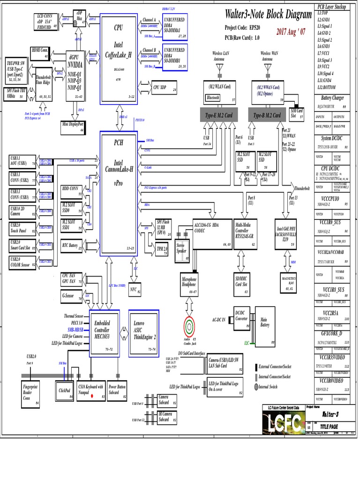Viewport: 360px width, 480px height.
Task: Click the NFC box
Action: click(x=135, y=290)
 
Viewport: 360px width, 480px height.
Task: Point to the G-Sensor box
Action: click(x=72, y=296)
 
